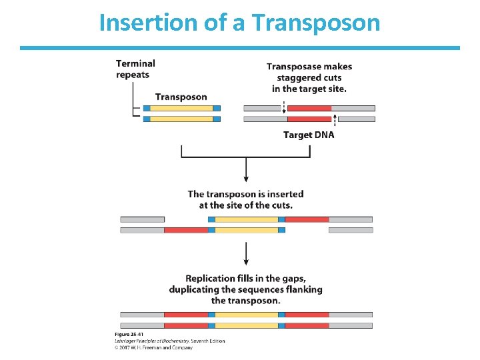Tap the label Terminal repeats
coord(135,69)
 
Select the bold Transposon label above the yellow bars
coord(181,97)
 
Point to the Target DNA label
coord(309,135)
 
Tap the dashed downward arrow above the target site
coord(285,107)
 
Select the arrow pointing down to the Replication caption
coord(247,253)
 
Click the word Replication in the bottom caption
coord(210,278)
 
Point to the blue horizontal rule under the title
coord(240,48)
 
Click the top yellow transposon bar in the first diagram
coord(181,107)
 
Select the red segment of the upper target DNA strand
coord(309,107)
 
